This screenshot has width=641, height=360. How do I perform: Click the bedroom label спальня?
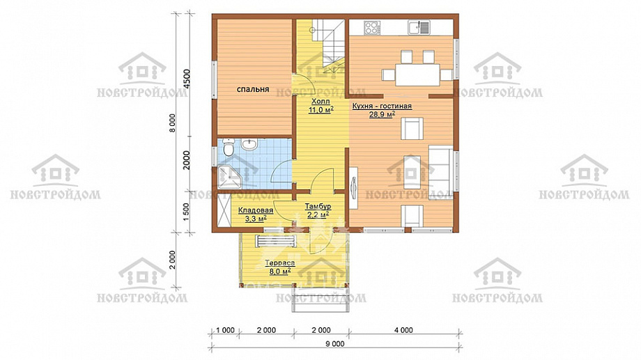[253, 88]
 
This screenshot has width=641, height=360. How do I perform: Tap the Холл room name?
[320, 102]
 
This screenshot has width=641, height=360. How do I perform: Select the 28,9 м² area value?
[382, 114]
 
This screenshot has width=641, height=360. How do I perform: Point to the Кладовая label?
[256, 210]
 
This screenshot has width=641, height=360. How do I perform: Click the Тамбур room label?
[318, 207]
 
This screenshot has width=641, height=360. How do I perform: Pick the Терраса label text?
[280, 263]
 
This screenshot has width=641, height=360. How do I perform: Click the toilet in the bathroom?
[229, 148]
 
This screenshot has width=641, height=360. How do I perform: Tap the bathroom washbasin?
[249, 144]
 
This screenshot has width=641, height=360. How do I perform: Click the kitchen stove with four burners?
[371, 27]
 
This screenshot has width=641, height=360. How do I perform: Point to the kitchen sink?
[418, 27]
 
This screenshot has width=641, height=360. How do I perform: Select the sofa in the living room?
[440, 170]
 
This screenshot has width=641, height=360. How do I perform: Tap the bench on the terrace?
[276, 241]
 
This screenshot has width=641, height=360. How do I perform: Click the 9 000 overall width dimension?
[335, 344]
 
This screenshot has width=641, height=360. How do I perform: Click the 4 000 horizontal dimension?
[403, 330]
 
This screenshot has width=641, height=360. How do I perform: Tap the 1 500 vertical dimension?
[187, 212]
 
